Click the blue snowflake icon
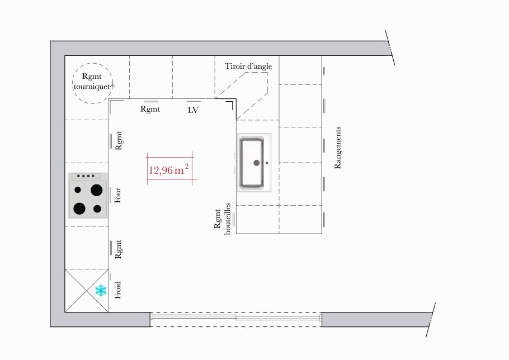(101, 290)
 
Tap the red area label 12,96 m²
(169, 169)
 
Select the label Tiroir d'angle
(248, 66)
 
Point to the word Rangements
(338, 148)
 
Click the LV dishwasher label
(193, 110)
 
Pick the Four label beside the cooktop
(118, 195)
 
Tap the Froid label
(118, 290)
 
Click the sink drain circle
(256, 163)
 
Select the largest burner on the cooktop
(96, 190)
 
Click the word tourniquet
(92, 87)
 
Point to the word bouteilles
(227, 219)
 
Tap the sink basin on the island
(252, 163)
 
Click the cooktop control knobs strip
(86, 176)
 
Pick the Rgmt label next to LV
(150, 109)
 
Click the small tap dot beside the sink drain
(267, 163)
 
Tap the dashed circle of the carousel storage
(93, 63)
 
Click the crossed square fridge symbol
(87, 291)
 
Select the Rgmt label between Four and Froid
(118, 249)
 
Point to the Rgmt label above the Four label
(119, 140)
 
